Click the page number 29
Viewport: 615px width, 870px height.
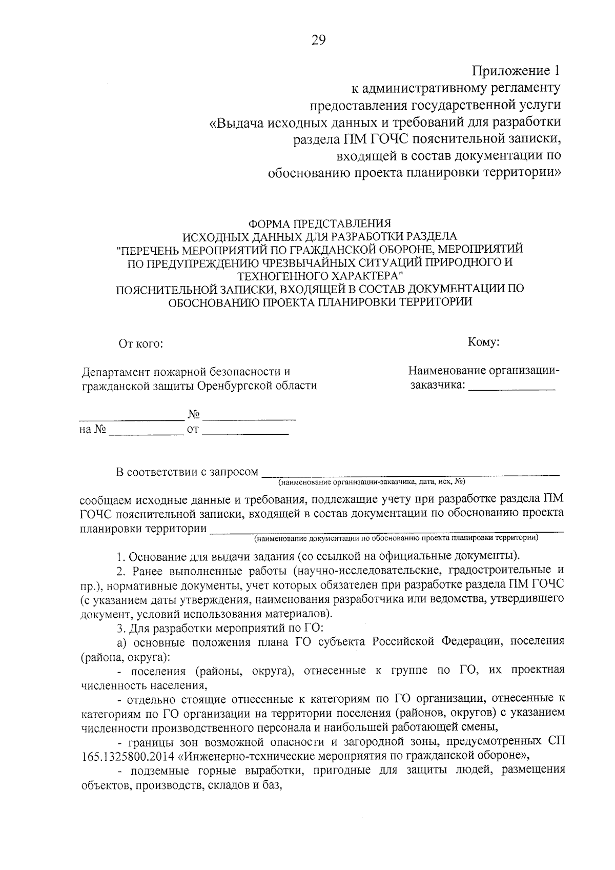[x=318, y=41]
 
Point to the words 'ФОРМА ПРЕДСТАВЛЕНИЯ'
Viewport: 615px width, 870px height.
[x=319, y=224]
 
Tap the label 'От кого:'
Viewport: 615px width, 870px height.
[x=141, y=343]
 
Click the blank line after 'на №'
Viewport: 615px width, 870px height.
[x=146, y=434]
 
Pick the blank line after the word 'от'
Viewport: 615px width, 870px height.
[x=246, y=434]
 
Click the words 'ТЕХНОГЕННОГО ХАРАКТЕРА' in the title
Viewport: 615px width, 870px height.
[x=319, y=275]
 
